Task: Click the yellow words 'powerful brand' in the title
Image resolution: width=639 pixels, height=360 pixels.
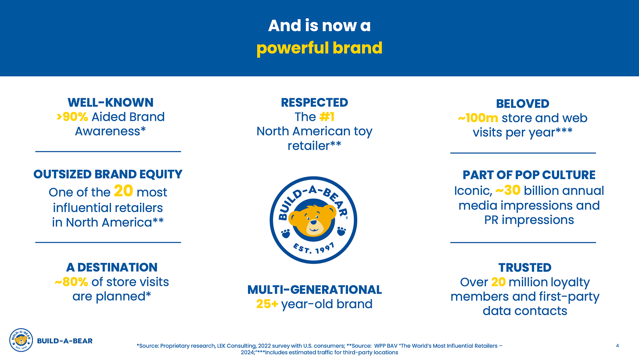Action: [319, 48]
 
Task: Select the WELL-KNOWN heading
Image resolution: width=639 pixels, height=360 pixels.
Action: [111, 103]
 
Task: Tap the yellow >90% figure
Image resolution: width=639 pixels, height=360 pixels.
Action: [72, 117]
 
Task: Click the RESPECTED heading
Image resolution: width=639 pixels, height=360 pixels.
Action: [314, 103]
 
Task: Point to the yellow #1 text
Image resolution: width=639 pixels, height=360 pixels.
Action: [327, 117]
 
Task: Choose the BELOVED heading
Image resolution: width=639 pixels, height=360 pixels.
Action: [523, 104]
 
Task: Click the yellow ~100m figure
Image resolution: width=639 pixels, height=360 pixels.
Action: [478, 118]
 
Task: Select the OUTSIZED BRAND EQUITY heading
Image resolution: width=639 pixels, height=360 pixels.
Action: [108, 174]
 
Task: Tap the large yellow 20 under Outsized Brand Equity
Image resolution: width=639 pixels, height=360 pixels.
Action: [123, 191]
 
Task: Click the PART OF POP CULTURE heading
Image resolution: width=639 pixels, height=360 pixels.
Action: [529, 175]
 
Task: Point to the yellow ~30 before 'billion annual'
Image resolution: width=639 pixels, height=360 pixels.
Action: [508, 191]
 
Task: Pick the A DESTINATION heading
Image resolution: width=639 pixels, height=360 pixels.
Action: [112, 267]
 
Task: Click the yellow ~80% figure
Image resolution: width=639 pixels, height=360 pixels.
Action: [71, 282]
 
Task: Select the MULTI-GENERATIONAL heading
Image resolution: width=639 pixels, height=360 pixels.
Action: [314, 290]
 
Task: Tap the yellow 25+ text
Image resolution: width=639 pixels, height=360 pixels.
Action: [267, 304]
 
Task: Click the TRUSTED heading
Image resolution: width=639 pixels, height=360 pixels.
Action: [525, 267]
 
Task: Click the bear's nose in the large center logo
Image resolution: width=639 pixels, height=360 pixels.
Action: [313, 222]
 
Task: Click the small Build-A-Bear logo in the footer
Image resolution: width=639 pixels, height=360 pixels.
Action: [21, 340]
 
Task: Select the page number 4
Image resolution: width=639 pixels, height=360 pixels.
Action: [617, 346]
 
